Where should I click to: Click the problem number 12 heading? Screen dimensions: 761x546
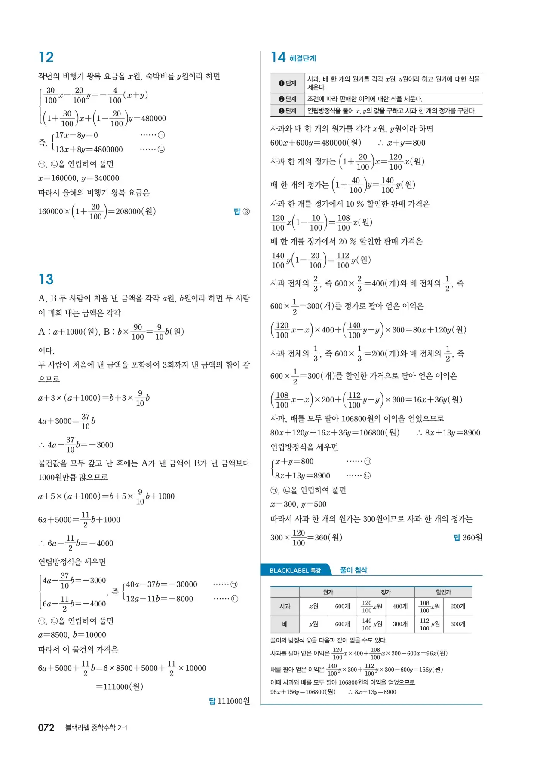point(46,57)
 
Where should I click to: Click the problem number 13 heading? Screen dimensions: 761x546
point(46,280)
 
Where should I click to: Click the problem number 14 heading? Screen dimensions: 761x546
point(278,57)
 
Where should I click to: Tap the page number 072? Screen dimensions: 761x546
point(46,728)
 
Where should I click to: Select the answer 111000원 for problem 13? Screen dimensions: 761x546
point(230,701)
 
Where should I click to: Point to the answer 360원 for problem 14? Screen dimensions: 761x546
point(469,538)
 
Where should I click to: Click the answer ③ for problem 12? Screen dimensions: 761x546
point(242,211)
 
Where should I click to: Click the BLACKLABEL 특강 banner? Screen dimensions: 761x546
point(295,570)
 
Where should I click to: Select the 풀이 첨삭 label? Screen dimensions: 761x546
point(353,570)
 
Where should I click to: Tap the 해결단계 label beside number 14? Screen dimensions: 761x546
point(303,58)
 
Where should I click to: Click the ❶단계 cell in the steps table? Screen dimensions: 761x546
point(288,83)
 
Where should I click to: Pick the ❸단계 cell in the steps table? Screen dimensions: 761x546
point(288,111)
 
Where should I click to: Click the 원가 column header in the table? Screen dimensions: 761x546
point(328,592)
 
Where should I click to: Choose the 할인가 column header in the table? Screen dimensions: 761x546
point(443,592)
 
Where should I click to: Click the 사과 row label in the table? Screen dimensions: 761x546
point(285,606)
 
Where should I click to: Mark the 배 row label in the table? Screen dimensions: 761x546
point(285,624)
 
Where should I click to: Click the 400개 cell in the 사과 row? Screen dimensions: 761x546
point(400,606)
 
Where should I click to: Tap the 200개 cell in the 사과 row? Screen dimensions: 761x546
point(457,606)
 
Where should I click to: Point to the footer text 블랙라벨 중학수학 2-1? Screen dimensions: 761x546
point(96,728)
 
